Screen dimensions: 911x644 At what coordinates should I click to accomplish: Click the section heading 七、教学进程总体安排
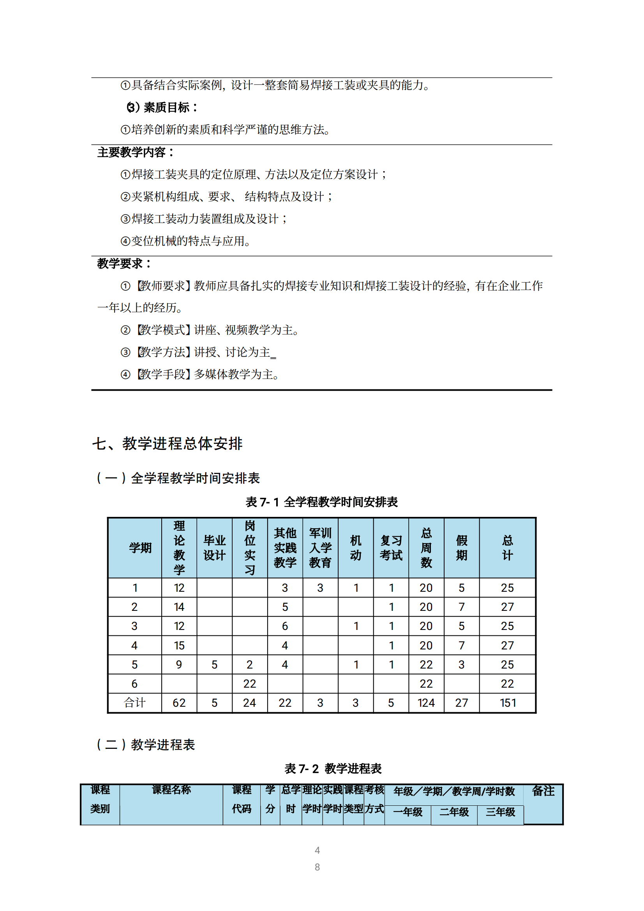[x=167, y=444]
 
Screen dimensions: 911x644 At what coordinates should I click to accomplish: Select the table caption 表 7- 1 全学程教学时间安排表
[x=321, y=502]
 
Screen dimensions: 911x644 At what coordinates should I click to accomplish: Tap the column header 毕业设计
[x=214, y=548]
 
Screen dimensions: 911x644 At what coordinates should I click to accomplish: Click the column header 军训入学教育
[x=320, y=548]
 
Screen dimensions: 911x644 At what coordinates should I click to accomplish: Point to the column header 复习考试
[x=391, y=548]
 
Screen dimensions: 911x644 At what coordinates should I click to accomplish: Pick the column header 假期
[x=461, y=548]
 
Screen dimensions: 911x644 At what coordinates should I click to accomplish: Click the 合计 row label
[x=134, y=703]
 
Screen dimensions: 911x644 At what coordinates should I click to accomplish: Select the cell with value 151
[x=508, y=703]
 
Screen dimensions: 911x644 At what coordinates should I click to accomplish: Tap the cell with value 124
[x=426, y=703]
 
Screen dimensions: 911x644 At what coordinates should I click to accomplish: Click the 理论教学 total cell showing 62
[x=179, y=703]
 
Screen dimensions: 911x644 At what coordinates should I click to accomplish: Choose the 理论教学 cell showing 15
[x=179, y=646]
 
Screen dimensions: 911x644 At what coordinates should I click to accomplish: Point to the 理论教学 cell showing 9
[x=179, y=665]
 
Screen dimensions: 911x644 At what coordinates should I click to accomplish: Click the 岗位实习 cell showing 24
[x=249, y=703]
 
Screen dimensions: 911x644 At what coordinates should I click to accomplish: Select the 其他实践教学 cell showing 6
[x=285, y=626]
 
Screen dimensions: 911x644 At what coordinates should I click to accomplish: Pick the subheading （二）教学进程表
[x=146, y=745]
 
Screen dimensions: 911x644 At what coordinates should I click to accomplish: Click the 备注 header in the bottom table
[x=543, y=791]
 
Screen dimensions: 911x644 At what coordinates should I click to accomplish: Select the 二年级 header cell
[x=454, y=812]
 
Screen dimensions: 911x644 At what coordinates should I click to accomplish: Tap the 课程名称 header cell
[x=171, y=790]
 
